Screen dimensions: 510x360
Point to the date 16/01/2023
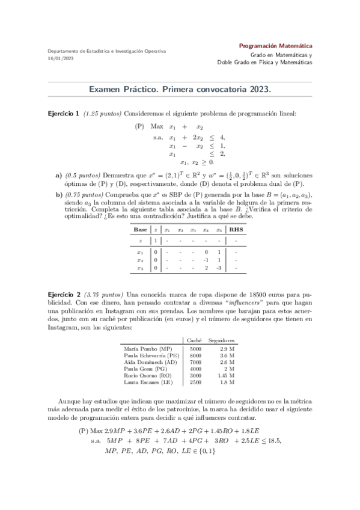(61, 59)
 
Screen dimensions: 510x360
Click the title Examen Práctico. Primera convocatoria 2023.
(180, 89)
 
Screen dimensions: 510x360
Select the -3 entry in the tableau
(220, 268)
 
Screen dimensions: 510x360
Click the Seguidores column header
(221, 341)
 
